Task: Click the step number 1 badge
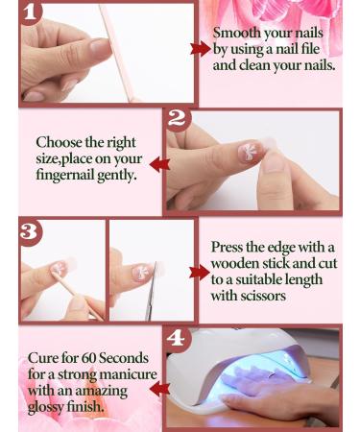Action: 32,13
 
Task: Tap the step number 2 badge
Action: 177,120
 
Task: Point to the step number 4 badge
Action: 176,338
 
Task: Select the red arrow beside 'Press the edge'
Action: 200,273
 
